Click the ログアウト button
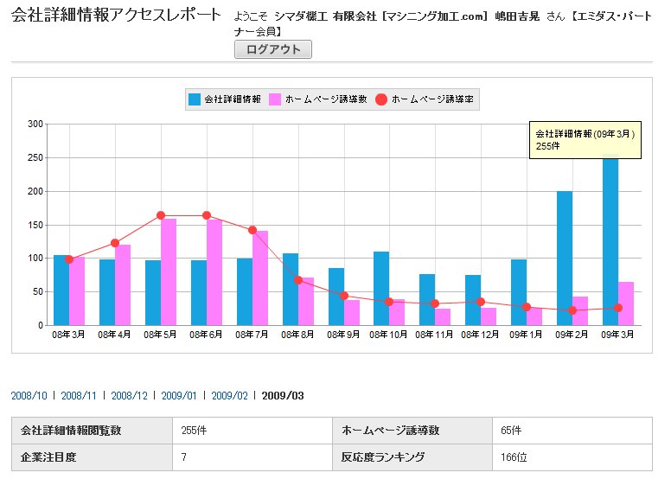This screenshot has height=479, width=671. tap(273, 49)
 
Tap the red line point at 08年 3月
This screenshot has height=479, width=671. tap(69, 259)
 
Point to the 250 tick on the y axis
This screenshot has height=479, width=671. tap(35, 157)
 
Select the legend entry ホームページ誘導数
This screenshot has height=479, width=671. tap(319, 99)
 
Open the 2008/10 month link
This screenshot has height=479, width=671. tap(29, 396)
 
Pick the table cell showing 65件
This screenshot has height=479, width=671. tap(511, 430)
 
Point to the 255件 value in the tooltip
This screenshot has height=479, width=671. tap(548, 146)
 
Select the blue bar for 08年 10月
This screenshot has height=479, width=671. tap(381, 288)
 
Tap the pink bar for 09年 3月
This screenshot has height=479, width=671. tap(626, 303)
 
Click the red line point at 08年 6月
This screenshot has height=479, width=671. tap(207, 215)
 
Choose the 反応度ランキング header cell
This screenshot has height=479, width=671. tap(383, 457)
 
